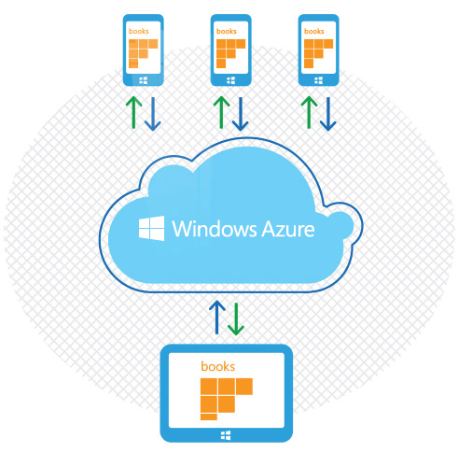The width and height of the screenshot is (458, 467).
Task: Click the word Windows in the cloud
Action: pos(215,229)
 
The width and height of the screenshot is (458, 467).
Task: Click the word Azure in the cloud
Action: pos(288,229)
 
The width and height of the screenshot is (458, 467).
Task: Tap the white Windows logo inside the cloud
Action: pos(151,228)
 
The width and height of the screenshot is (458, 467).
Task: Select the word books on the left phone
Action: pos(139,31)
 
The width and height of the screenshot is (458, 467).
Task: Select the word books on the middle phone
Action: pos(227,31)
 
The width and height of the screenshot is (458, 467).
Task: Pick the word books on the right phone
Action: pos(314,31)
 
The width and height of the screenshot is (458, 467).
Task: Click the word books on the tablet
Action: pos(217,366)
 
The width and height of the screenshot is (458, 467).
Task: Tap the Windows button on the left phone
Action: pos(143,80)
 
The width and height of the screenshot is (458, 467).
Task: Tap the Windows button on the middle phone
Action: pos(230,80)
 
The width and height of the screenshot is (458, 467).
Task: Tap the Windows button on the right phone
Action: pos(318,80)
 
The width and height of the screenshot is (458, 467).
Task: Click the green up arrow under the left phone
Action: pos(133,112)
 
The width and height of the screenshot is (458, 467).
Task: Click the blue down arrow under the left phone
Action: pos(153,114)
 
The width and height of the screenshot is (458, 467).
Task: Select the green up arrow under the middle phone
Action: pos(221,112)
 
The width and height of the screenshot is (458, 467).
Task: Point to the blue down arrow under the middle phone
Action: pos(241,114)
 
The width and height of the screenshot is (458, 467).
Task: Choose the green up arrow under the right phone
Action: pos(309,112)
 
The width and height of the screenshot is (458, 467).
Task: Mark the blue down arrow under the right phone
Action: pos(328,114)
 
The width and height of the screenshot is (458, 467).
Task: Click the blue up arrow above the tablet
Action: pos(217,318)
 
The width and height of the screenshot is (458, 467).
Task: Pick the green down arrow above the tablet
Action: pos(236,319)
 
